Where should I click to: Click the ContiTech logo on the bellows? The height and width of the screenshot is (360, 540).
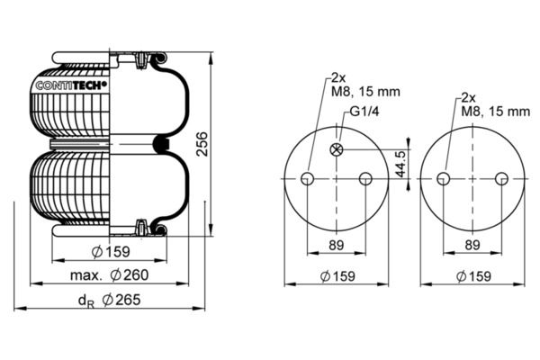pyautogui.click(x=71, y=85)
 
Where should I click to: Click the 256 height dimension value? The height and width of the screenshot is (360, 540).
pyautogui.click(x=202, y=144)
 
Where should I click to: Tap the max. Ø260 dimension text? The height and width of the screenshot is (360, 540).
pyautogui.click(x=110, y=275)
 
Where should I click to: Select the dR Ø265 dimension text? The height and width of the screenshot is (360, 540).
pyautogui.click(x=110, y=300)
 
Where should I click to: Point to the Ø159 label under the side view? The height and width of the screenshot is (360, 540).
pyautogui.click(x=111, y=252)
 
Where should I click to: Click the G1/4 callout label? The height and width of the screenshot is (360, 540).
pyautogui.click(x=364, y=112)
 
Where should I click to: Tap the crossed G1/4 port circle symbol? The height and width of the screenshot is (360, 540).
pyautogui.click(x=337, y=149)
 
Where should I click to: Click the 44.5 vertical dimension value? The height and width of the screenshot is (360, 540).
pyautogui.click(x=400, y=164)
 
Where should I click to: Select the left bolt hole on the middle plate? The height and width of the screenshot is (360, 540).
pyautogui.click(x=307, y=179)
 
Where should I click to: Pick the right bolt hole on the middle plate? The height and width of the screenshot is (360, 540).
pyautogui.click(x=365, y=179)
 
